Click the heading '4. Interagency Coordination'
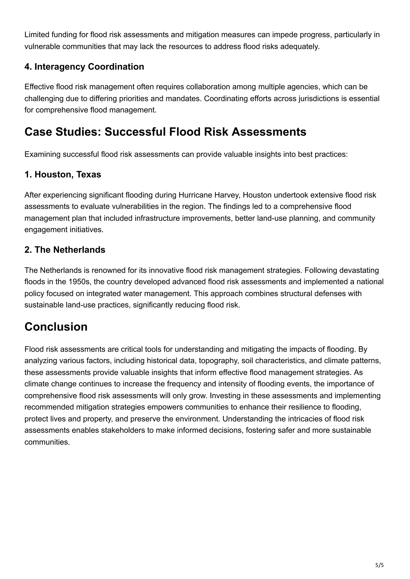pyautogui.click(x=84, y=67)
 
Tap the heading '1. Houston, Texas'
pyautogui.click(x=63, y=174)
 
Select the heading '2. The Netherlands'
pyautogui.click(x=65, y=250)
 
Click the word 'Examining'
pyautogui.click(x=42, y=154)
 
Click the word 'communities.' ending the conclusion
pyautogui.click(x=47, y=442)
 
